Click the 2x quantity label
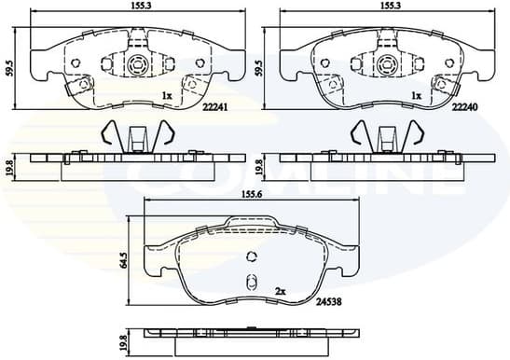point(281,291)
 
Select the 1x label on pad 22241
point(166,96)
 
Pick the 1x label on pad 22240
point(416,96)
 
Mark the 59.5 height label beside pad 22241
point(7,68)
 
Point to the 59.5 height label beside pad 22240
point(258,68)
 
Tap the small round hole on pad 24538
point(250,258)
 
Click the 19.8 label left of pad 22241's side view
point(9,166)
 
